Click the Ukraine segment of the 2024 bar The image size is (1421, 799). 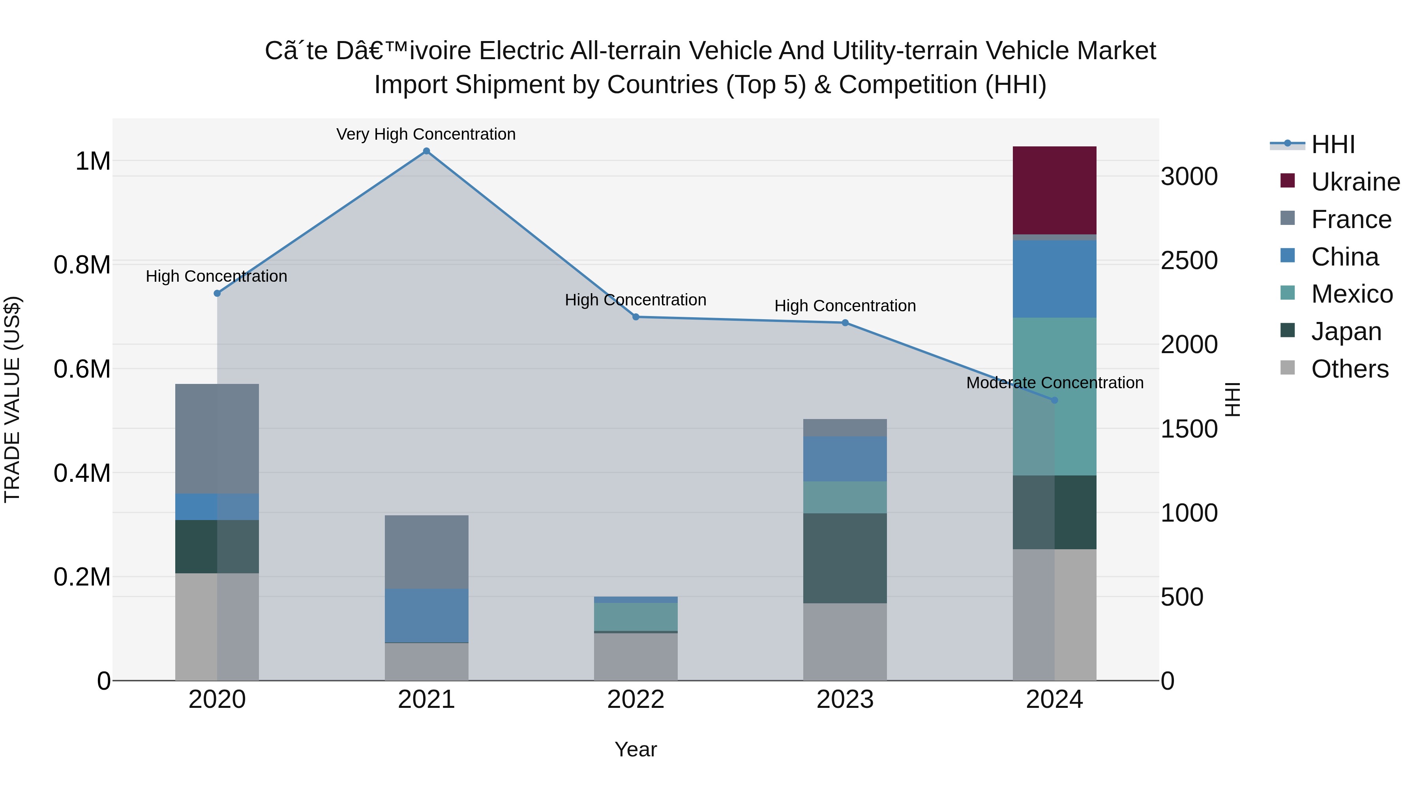tap(1054, 190)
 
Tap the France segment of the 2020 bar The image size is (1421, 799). tap(217, 438)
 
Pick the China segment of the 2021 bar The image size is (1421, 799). tap(426, 616)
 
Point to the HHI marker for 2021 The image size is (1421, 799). tap(426, 151)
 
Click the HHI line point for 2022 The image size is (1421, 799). tap(636, 317)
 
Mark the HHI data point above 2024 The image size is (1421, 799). tap(1054, 400)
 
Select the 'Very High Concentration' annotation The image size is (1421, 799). tap(426, 134)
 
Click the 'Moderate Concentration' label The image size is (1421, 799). tap(1054, 383)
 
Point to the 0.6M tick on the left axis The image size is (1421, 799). tap(82, 369)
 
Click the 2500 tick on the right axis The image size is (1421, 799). tap(1189, 260)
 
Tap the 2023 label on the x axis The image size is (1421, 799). tap(845, 700)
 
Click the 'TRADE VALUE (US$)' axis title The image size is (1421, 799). tap(12, 399)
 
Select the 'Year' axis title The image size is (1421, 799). tap(636, 749)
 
